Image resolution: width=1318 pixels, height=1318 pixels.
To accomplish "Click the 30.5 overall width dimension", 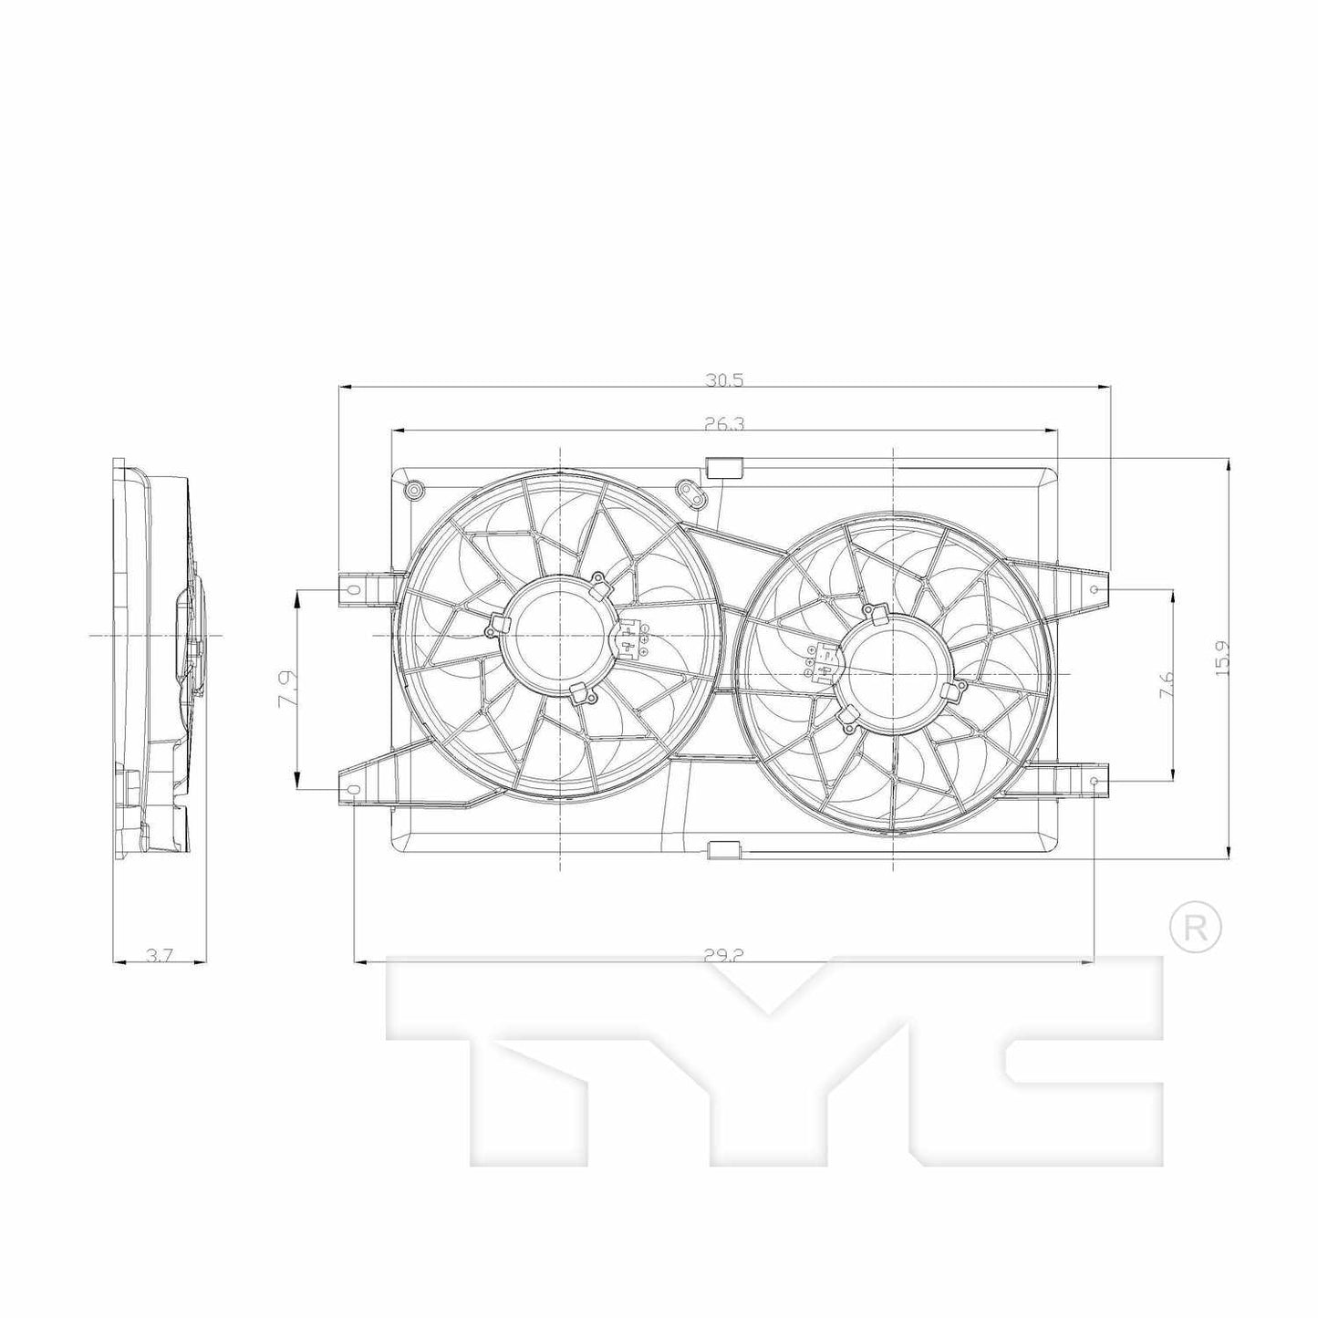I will pos(724,380).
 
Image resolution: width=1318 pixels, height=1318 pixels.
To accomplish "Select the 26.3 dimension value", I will pos(724,423).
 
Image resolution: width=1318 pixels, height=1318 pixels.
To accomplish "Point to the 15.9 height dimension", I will pos(1223,656).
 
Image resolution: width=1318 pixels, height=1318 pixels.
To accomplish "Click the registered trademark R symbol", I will pos(1195,928).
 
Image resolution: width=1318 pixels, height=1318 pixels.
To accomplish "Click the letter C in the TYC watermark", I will pos(1081,1058).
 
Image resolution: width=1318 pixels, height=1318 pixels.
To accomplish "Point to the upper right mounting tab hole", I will pos(1094,589).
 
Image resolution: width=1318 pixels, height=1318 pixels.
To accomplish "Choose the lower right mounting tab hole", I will pos(1094,782).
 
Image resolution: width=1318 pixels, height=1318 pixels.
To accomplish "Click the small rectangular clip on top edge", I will pos(725,467).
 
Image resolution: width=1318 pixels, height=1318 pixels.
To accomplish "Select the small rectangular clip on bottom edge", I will pos(725,850).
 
